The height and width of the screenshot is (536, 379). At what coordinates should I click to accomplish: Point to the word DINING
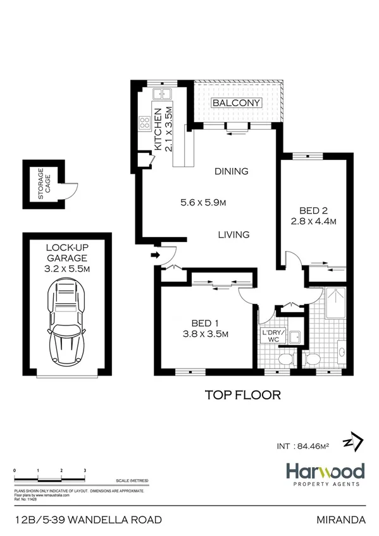point(231,171)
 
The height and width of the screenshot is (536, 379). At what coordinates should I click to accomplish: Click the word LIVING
point(233,234)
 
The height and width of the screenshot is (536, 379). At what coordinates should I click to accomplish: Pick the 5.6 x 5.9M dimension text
point(203,203)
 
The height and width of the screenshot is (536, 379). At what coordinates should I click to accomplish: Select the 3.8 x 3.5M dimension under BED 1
point(205,334)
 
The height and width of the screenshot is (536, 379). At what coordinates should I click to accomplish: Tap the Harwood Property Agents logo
point(323,475)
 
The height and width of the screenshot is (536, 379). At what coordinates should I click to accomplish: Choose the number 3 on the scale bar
point(85,471)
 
